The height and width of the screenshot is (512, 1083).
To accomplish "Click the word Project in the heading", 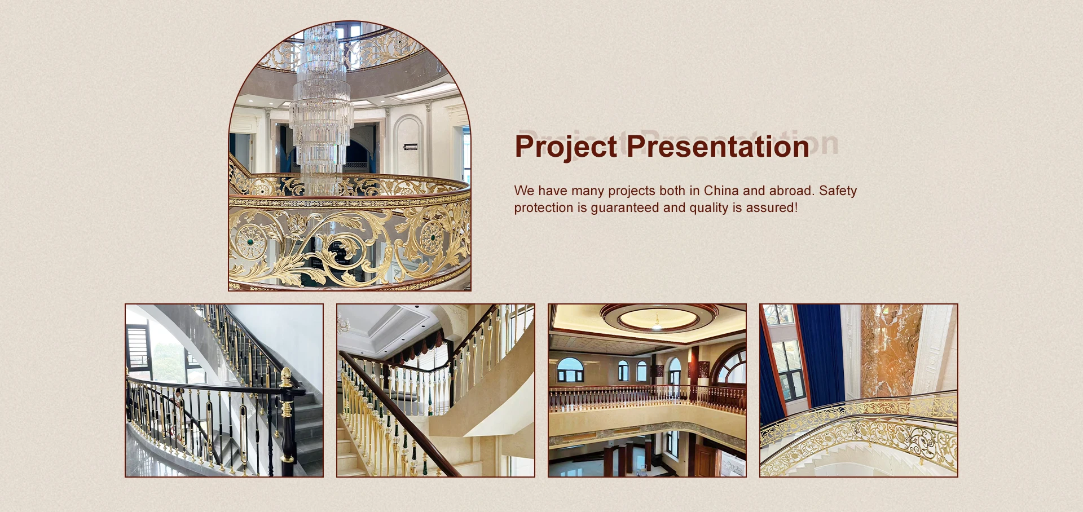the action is [566, 147].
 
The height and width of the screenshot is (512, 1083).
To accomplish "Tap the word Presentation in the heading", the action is [718, 146].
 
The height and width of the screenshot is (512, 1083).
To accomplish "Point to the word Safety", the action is [838, 191].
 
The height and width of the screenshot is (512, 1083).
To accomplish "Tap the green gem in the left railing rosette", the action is [250, 242].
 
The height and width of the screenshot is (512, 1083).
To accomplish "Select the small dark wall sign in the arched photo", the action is [411, 147].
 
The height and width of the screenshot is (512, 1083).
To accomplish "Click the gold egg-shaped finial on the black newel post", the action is [287, 374].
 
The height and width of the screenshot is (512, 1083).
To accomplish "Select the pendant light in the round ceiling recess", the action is [657, 323].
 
